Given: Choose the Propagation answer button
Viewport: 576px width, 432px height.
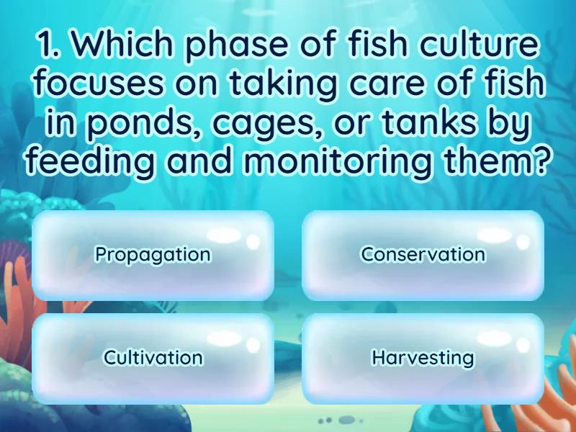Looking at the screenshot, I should [x=153, y=255].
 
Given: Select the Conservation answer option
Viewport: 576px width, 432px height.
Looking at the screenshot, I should [x=423, y=255].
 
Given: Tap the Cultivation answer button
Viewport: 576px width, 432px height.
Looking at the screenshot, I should [x=153, y=358].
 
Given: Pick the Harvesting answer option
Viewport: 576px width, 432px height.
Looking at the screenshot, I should [x=423, y=358].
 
